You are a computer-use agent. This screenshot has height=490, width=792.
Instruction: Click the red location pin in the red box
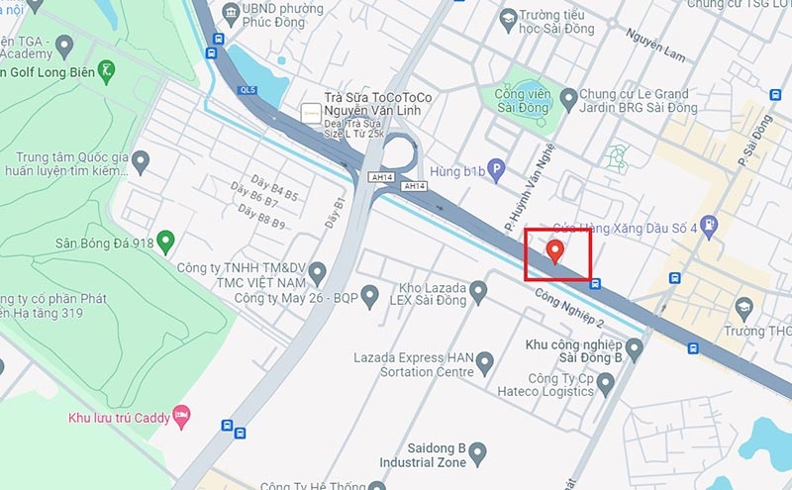(x=555, y=250)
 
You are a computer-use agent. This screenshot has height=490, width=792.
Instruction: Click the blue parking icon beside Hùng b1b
(x=502, y=169)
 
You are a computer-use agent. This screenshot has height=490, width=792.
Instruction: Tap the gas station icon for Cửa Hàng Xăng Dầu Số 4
(x=708, y=224)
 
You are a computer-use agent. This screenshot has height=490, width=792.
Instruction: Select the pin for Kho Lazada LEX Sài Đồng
(x=479, y=291)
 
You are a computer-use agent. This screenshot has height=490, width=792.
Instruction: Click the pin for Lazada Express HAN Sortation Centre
(x=485, y=364)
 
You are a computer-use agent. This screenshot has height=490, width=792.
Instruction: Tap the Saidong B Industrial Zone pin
(x=478, y=454)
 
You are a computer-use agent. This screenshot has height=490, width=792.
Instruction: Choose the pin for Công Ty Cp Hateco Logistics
(x=606, y=382)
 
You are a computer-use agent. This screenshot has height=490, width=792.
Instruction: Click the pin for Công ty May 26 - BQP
(x=370, y=295)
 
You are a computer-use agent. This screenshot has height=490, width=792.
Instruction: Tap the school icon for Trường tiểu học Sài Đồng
(x=508, y=18)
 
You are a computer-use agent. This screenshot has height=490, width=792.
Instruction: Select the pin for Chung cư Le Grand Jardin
(x=568, y=98)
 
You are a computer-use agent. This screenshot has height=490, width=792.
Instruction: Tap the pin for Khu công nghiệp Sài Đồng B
(x=635, y=347)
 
